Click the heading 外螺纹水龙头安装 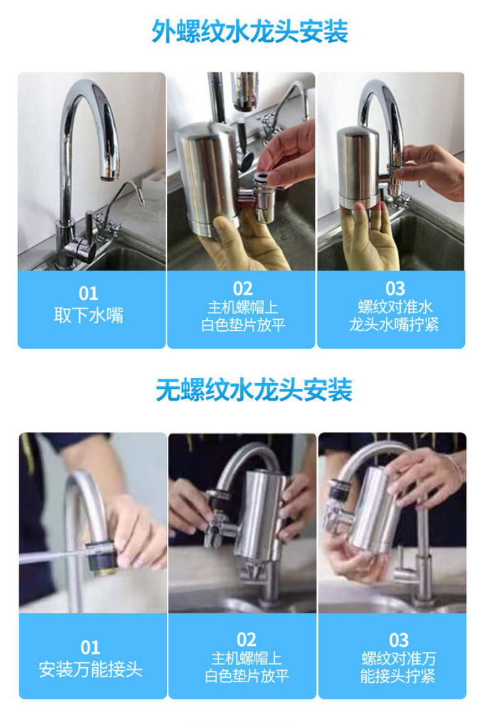pos(249,31)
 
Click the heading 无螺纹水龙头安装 pos(253,390)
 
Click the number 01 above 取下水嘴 pos(88,293)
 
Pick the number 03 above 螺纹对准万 pos(398,640)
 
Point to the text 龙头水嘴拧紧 pos(394,325)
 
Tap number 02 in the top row pos(243,288)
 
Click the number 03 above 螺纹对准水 pos(395,288)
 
